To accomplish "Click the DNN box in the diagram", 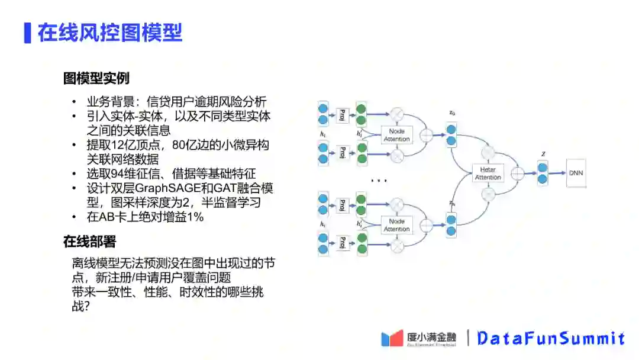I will tap(576, 173).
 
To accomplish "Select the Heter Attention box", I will tap(488, 173).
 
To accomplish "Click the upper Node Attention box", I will tap(396, 135).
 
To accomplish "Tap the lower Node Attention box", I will tap(396, 225).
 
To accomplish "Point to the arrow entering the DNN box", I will tap(557, 173).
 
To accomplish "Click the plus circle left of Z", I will tap(518, 173).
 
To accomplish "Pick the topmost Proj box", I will tap(343, 114).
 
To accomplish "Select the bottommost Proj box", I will tap(343, 243).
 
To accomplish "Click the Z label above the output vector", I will tap(543, 154).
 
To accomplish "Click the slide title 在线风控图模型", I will tap(110, 33).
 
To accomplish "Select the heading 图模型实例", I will tap(96, 78).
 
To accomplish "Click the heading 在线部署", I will tap(90, 241).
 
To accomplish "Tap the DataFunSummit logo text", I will tap(551, 338).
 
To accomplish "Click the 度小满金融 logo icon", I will tap(392, 338).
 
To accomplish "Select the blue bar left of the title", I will tap(27, 33).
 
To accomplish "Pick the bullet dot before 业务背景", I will tap(74, 101).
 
